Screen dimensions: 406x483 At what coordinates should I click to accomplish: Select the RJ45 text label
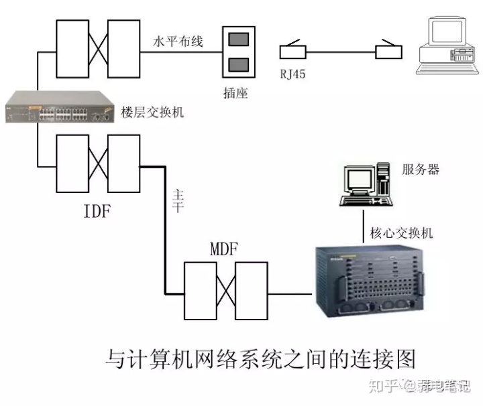pyautogui.click(x=292, y=74)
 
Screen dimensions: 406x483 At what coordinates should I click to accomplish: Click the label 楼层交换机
pyautogui.click(x=153, y=111)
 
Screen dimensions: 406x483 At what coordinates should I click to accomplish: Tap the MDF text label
pyautogui.click(x=224, y=249)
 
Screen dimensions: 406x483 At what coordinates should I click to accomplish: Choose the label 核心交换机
pyautogui.click(x=401, y=233)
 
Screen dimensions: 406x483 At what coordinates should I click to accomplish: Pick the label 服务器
pyautogui.click(x=421, y=170)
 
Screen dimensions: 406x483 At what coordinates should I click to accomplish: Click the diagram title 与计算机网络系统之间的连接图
pyautogui.click(x=262, y=357)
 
